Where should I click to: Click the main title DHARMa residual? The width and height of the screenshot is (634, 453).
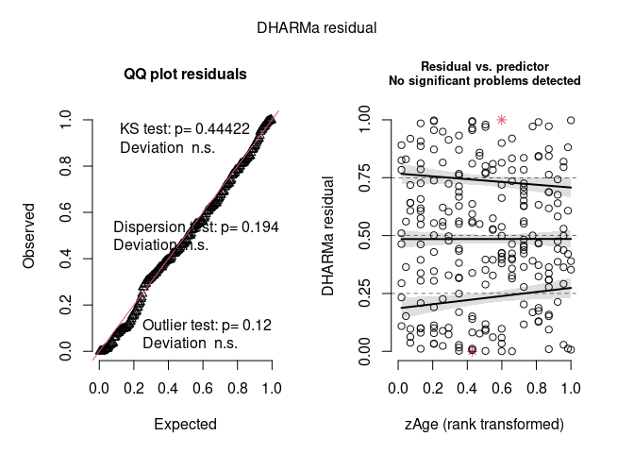(317, 27)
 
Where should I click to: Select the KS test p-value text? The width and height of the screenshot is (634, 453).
(185, 128)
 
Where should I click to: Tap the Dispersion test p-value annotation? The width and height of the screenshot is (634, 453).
(196, 227)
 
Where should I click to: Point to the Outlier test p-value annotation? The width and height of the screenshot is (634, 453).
(206, 326)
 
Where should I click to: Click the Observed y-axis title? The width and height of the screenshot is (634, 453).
(29, 235)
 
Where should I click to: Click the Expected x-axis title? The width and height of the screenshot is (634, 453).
(185, 425)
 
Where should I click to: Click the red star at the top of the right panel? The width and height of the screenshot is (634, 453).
(502, 119)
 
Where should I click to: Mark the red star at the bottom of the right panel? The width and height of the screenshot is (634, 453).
(472, 351)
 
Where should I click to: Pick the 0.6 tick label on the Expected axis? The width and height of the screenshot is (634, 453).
(203, 388)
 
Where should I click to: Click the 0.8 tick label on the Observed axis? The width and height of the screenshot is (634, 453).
(64, 166)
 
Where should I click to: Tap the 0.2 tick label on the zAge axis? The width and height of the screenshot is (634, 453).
(433, 388)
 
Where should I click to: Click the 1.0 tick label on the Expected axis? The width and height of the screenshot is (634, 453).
(271, 388)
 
